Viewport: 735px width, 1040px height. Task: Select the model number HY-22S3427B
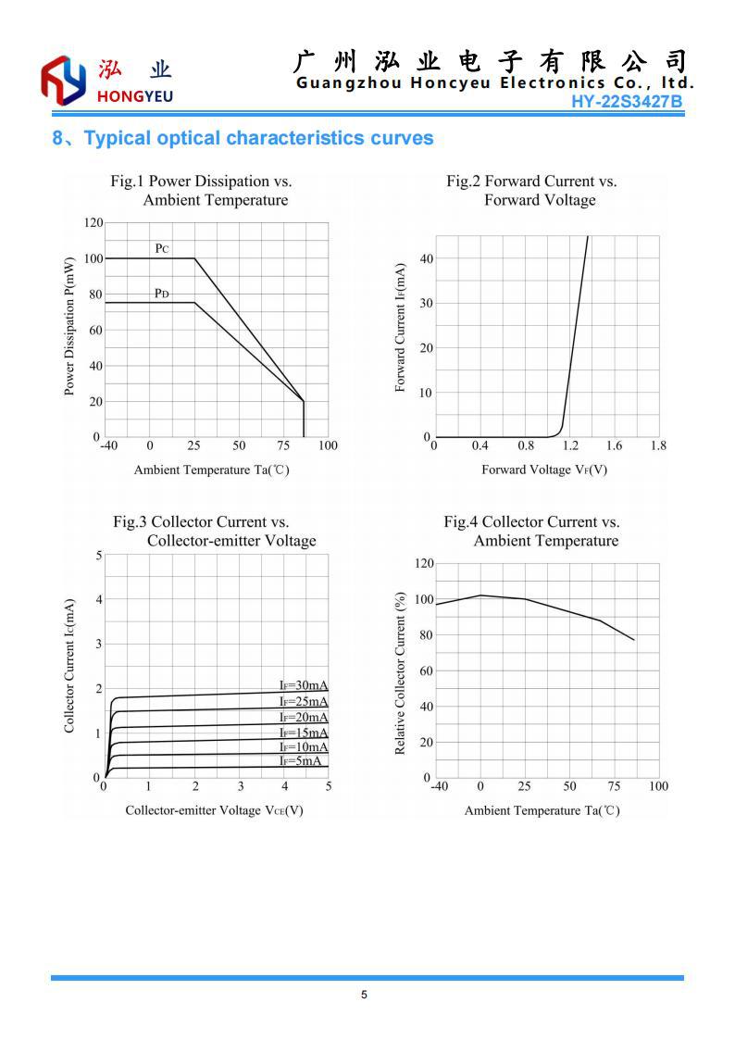click(x=627, y=101)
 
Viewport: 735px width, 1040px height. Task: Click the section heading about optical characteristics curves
click(x=243, y=139)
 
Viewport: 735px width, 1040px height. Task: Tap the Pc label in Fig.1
click(x=162, y=248)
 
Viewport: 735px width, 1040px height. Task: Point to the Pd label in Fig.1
click(x=162, y=294)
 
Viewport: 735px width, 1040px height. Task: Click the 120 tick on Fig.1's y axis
click(x=92, y=223)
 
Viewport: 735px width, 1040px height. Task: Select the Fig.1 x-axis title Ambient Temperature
click(x=212, y=470)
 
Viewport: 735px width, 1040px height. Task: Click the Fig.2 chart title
click(x=532, y=191)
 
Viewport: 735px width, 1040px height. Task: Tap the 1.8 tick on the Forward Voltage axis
click(x=658, y=445)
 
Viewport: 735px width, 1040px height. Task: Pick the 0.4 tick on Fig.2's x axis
click(x=480, y=445)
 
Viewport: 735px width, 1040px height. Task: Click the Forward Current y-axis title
click(x=401, y=327)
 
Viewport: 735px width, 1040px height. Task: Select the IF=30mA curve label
click(x=304, y=685)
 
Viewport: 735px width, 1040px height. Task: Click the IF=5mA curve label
click(x=301, y=760)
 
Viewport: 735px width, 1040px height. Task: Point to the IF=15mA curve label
click(x=304, y=733)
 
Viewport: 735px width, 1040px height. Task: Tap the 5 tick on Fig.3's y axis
click(x=99, y=555)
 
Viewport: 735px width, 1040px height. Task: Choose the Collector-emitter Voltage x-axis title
click(x=215, y=810)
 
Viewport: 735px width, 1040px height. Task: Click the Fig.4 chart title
click(x=533, y=532)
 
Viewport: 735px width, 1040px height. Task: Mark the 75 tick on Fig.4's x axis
click(x=614, y=786)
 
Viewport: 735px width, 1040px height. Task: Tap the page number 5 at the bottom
click(x=364, y=996)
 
